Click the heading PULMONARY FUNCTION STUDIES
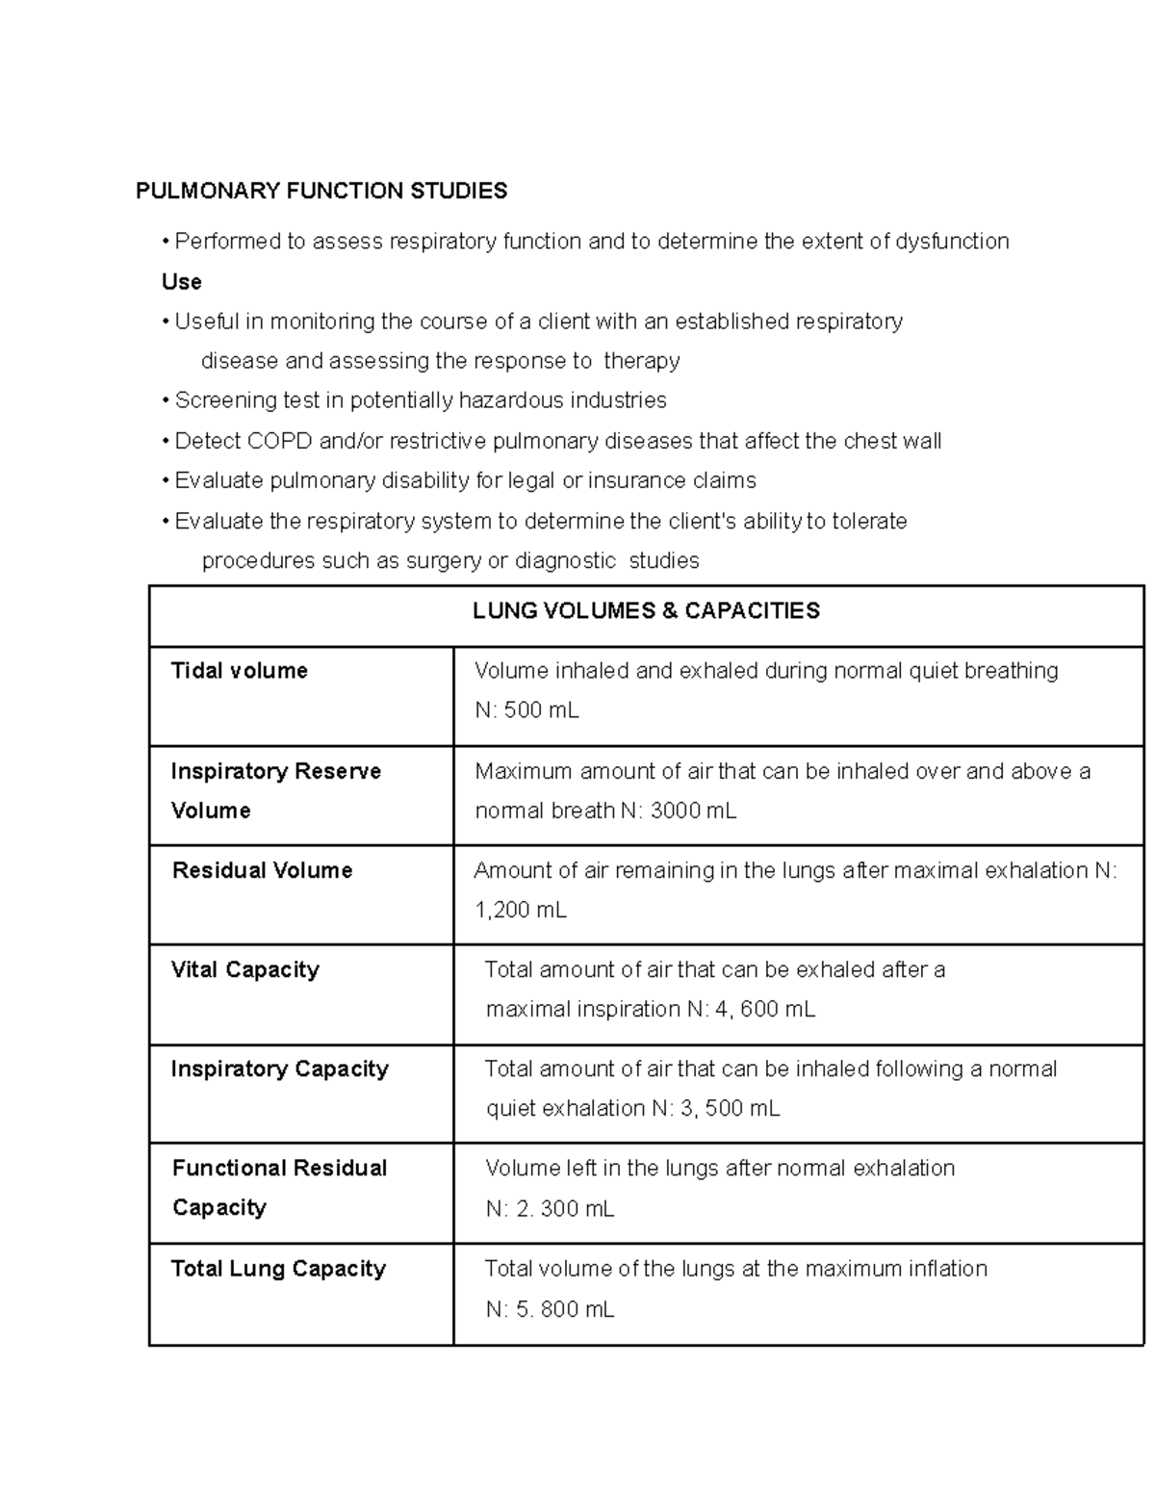pyautogui.click(x=321, y=191)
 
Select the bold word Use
pyautogui.click(x=182, y=282)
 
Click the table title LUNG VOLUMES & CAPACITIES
pyautogui.click(x=646, y=611)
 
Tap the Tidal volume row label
pyautogui.click(x=239, y=671)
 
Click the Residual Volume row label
pyautogui.click(x=262, y=870)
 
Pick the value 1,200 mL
pyautogui.click(x=521, y=910)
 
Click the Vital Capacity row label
pyautogui.click(x=244, y=969)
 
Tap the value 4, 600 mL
pyautogui.click(x=765, y=1009)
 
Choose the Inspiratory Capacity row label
pyautogui.click(x=279, y=1069)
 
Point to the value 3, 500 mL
pyautogui.click(x=730, y=1109)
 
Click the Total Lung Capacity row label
pyautogui.click(x=278, y=1269)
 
